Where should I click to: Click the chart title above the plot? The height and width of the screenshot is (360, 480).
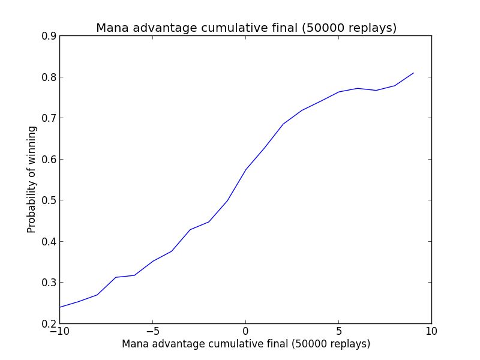246,28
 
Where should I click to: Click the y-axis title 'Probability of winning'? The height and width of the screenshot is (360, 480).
31,180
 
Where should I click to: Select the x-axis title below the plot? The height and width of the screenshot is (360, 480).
246,344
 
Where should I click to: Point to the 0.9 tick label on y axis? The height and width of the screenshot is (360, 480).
49,36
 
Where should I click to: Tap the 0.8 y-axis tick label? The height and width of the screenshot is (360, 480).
49,77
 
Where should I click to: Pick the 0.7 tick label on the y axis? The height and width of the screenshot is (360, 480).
49,118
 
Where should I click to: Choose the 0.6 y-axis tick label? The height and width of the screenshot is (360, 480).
49,160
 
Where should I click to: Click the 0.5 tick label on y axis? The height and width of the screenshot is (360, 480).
49,200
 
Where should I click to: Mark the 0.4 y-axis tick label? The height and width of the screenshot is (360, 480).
49,242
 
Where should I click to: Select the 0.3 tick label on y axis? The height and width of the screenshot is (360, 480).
49,283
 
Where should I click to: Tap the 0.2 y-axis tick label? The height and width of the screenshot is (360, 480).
49,324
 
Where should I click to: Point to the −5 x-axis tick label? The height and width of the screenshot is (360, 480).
152,331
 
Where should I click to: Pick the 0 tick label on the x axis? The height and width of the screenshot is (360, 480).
246,331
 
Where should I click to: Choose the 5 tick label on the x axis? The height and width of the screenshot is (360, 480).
339,331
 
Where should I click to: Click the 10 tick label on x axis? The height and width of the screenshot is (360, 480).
432,331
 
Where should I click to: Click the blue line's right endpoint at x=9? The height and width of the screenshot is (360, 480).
413,73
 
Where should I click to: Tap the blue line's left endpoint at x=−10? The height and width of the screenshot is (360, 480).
60,307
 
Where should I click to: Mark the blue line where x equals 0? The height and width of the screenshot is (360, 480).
246,169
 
